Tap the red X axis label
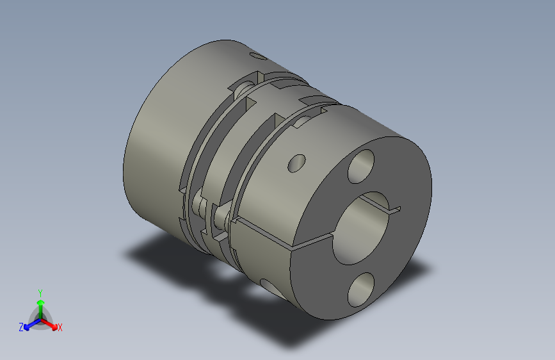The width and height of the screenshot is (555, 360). click(x=60, y=327)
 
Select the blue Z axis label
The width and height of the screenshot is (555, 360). click(x=21, y=327)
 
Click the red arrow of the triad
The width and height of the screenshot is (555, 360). click(x=51, y=323)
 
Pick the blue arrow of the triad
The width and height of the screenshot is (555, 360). click(x=29, y=323)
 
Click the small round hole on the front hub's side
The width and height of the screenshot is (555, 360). click(x=297, y=163)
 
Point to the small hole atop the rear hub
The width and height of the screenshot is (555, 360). click(x=258, y=57)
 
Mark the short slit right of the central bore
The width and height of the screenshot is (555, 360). click(x=390, y=208)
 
